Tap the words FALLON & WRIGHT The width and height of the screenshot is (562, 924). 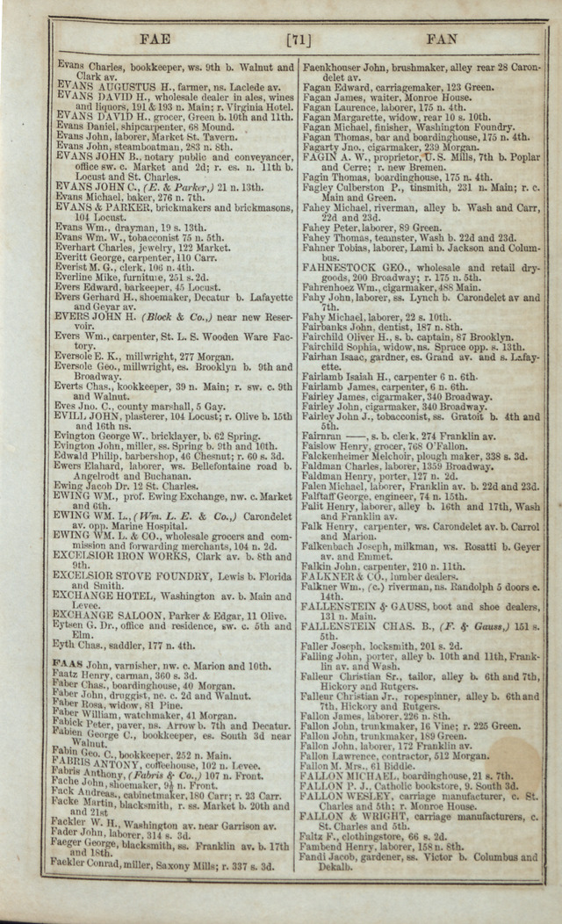click(x=349, y=813)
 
